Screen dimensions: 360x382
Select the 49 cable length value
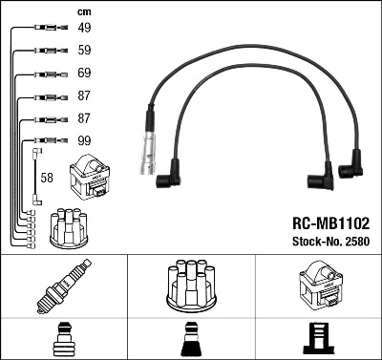point(84,29)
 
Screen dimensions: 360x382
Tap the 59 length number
point(84,52)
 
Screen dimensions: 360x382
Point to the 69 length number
point(84,74)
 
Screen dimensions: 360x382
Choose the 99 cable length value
point(84,141)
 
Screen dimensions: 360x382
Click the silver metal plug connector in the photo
point(150,153)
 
